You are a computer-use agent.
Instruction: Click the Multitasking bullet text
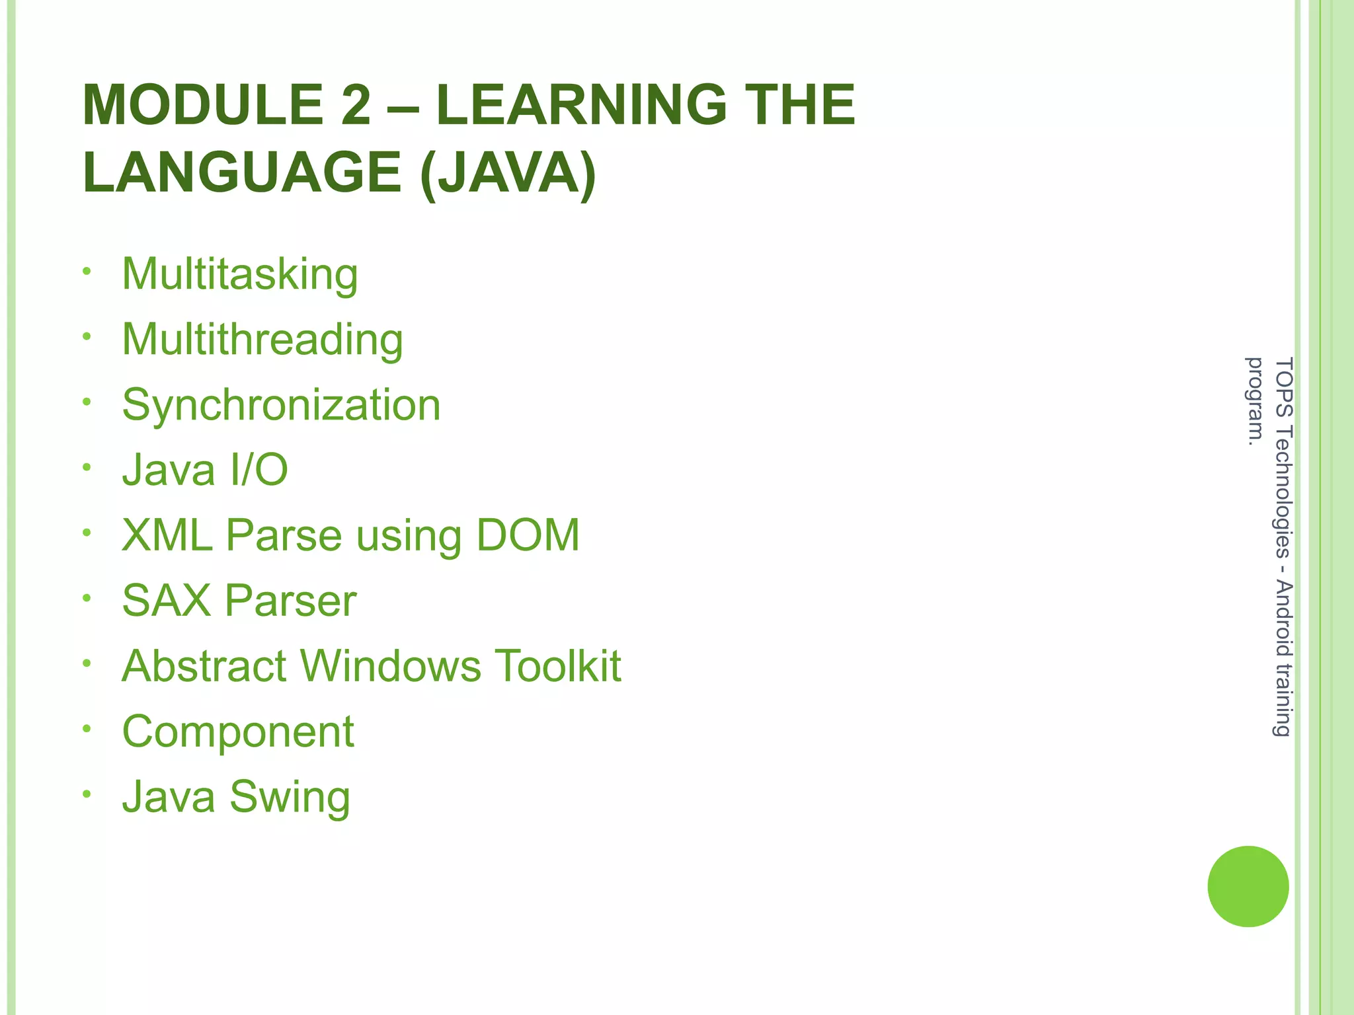240,274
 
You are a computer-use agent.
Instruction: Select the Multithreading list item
262,340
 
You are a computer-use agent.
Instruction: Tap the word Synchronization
281,404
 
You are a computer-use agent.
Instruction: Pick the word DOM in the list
528,535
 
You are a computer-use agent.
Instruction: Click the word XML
167,535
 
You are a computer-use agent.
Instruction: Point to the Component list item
238,732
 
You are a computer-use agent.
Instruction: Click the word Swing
290,797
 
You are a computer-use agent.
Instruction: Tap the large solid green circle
1248,886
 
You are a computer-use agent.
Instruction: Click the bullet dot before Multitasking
87,272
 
